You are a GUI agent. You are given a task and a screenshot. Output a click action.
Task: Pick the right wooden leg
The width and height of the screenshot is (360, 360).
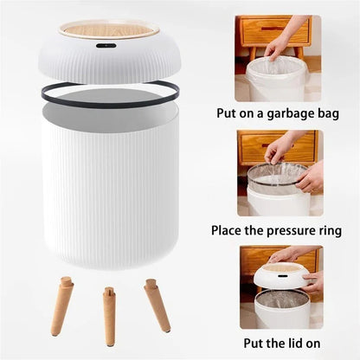point(157,305)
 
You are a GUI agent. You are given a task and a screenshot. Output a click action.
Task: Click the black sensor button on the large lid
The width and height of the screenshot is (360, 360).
point(106,45)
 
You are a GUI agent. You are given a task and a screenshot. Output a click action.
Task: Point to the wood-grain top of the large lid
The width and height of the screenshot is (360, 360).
point(108,29)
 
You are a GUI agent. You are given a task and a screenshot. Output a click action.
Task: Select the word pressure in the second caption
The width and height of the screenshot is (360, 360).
point(285,231)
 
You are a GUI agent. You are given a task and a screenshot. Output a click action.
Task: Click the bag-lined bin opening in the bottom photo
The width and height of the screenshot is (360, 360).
point(281,299)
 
